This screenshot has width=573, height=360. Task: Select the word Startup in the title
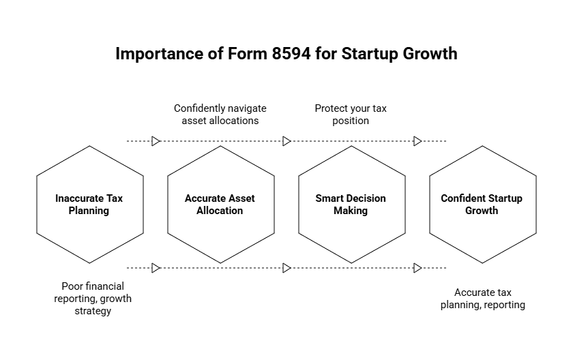tap(372, 54)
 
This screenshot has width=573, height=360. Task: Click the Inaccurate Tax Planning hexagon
tap(89, 205)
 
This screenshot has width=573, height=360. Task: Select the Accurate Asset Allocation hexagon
tap(220, 205)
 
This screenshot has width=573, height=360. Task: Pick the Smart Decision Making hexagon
tap(351, 205)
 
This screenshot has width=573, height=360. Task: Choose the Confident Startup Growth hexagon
tap(482, 205)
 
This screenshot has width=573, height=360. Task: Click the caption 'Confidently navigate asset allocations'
tap(220, 115)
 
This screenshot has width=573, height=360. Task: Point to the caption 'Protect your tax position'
tap(351, 115)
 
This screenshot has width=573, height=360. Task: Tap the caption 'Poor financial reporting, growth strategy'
tap(93, 299)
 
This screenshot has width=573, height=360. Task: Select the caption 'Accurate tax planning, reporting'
tap(482, 299)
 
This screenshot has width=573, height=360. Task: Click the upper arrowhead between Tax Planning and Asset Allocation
tap(156, 141)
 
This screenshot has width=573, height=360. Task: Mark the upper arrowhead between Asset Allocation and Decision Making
tap(286, 141)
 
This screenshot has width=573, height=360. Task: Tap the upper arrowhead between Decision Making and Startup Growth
tap(417, 141)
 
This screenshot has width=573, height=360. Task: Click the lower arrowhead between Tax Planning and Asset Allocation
tap(156, 268)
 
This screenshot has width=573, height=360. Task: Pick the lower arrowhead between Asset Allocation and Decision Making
tap(286, 268)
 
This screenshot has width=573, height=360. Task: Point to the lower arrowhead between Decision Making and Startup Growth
tap(417, 268)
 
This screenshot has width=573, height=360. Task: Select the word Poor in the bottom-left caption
tap(72, 286)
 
